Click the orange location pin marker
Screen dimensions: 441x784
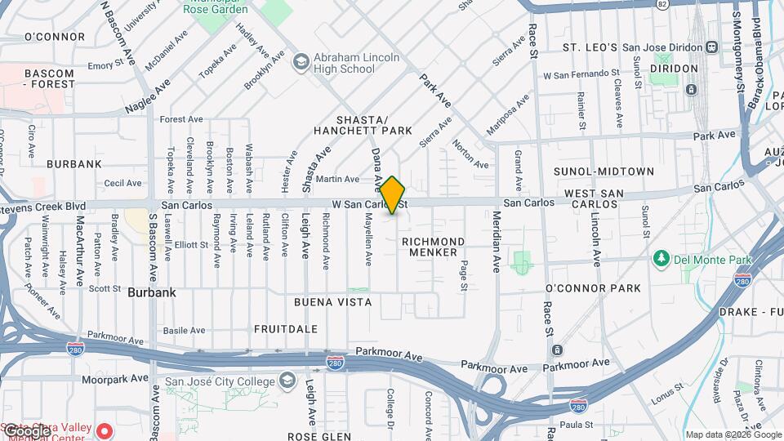coord(392,194)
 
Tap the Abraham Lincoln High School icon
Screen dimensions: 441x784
coord(301,62)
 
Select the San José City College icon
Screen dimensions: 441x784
coord(287,381)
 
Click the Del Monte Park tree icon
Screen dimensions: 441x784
coord(661,260)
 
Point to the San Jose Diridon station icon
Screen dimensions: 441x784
coord(710,47)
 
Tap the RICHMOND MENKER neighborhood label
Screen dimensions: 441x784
coord(434,247)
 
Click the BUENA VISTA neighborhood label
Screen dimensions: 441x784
coord(333,302)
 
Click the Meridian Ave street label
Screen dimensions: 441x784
coord(497,241)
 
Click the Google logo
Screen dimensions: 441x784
coord(28,431)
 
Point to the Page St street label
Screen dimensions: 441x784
coord(463,275)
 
